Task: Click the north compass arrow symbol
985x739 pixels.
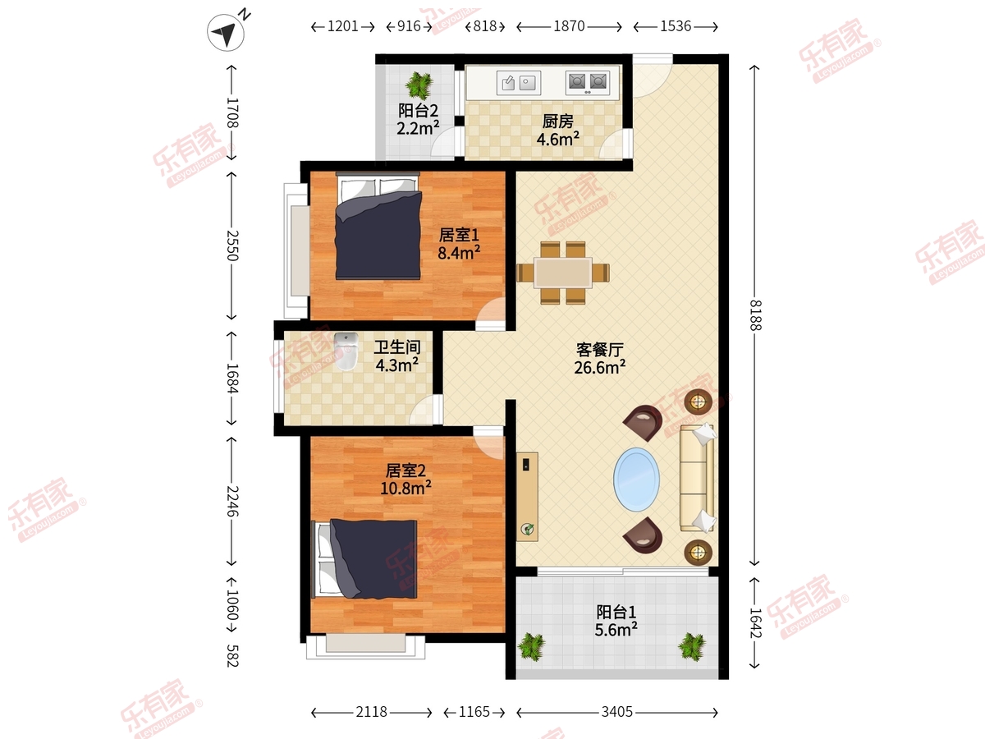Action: point(226,32)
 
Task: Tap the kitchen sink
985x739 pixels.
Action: point(518,83)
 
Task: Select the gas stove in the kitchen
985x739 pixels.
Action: point(588,83)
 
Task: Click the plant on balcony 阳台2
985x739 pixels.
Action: point(419,85)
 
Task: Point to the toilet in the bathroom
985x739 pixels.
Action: point(346,351)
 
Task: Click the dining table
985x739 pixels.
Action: point(563,273)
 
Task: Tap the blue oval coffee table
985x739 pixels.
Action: point(636,480)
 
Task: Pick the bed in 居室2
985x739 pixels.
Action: point(364,559)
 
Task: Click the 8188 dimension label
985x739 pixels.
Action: point(755,315)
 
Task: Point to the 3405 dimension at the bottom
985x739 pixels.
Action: point(617,712)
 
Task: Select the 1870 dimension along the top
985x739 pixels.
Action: point(569,26)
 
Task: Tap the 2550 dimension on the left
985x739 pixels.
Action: point(231,246)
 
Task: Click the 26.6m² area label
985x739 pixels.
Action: point(599,368)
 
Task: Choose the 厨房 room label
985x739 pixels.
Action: point(558,122)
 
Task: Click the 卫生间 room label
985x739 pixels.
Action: point(397,347)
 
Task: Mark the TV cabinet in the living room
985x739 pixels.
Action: point(527,497)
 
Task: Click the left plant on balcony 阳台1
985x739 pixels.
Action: point(532,646)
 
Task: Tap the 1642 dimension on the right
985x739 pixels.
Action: point(755,622)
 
